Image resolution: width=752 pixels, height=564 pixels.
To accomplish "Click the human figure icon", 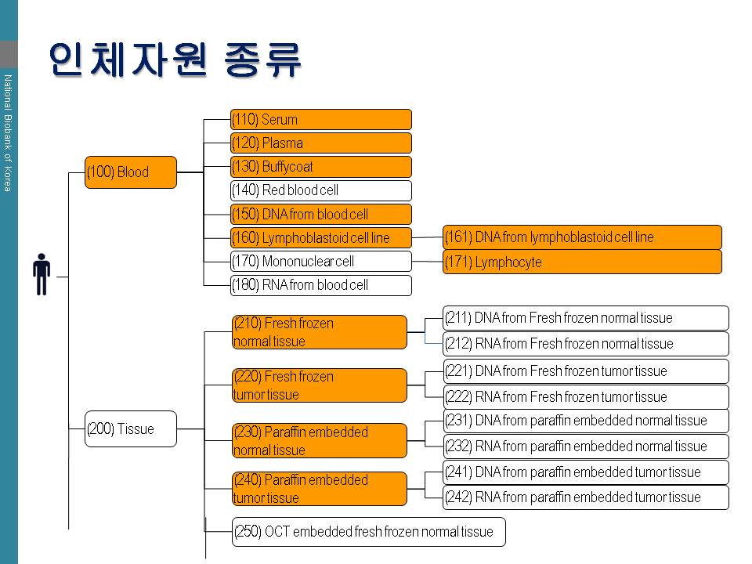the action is tap(42, 274).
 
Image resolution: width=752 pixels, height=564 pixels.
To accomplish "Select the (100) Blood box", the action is tap(131, 172).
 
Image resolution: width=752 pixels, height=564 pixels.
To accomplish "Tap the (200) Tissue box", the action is tap(131, 428).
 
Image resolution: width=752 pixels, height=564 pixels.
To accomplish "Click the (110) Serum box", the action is tap(321, 119).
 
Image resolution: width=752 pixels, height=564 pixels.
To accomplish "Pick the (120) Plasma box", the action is tap(321, 143).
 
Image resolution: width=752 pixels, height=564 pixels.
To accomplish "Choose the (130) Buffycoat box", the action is tap(321, 166).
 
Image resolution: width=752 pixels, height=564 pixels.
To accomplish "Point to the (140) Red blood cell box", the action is tap(321, 190).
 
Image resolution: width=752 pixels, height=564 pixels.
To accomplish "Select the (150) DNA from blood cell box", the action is tap(321, 214).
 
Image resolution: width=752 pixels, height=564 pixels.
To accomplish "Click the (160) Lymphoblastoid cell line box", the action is tap(321, 237).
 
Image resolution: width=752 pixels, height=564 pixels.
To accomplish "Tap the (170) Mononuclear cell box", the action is tap(321, 262).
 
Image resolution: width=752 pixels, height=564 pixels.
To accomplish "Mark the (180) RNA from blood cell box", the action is tap(321, 285).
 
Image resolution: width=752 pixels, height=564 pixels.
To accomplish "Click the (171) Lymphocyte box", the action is tap(582, 262).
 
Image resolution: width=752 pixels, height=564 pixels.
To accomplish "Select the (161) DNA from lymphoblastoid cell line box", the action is tap(582, 237).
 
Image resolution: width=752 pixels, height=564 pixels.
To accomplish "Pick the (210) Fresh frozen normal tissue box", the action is tap(320, 332).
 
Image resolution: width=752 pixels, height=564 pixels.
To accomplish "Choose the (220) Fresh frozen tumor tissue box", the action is tap(320, 385).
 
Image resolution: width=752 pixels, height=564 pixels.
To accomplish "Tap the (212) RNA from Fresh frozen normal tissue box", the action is tap(586, 344).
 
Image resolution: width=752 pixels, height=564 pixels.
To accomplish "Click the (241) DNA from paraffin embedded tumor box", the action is tap(586, 472).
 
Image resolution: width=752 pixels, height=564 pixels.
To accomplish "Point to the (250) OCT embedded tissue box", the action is tap(369, 531).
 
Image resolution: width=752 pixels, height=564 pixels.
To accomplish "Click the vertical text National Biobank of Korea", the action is tap(8, 133).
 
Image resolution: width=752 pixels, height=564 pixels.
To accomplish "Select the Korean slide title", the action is tap(175, 60).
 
